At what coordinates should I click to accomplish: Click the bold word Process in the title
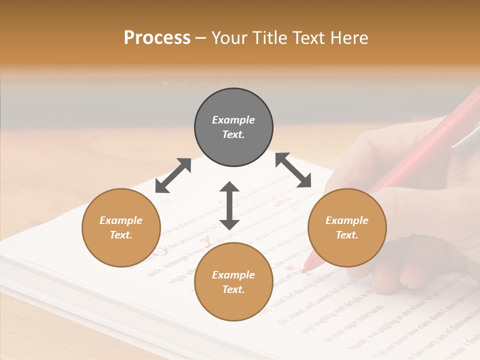[x=157, y=38]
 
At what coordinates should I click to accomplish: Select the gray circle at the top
[x=233, y=127]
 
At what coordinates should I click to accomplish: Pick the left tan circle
[x=121, y=227]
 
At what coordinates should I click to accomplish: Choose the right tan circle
[x=347, y=227]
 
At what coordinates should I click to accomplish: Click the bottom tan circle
[x=233, y=281]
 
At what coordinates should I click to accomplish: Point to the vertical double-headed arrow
[x=229, y=205]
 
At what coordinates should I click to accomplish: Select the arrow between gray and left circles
[x=173, y=175]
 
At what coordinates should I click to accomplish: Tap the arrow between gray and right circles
[x=293, y=170]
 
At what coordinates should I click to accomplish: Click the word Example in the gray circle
[x=233, y=120]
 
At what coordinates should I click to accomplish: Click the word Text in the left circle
[x=121, y=235]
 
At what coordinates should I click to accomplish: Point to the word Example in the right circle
[x=347, y=220]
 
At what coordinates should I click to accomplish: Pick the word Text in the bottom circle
[x=233, y=289]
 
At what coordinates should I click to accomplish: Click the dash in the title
[x=200, y=38]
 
